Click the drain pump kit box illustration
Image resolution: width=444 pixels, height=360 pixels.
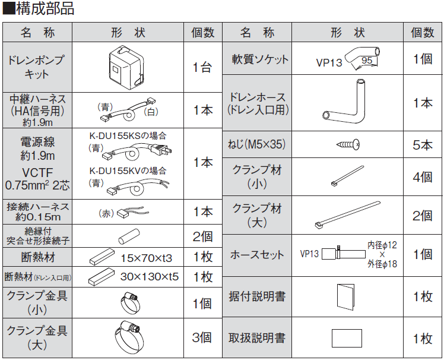click(126, 68)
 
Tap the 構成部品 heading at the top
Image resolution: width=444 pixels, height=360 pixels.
click(38, 8)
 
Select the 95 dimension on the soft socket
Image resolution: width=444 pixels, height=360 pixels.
click(367, 61)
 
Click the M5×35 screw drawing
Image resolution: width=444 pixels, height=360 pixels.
click(348, 144)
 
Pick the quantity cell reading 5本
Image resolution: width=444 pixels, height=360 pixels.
click(423, 145)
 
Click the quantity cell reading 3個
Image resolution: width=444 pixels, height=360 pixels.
click(202, 337)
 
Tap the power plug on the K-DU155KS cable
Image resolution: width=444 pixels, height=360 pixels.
click(162, 150)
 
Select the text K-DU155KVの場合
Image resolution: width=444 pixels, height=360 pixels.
click(128, 170)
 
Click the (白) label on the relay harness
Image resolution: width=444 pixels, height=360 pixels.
click(151, 112)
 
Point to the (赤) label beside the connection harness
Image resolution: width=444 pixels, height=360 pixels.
click(106, 213)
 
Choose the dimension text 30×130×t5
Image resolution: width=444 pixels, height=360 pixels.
click(149, 277)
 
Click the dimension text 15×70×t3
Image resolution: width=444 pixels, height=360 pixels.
click(147, 258)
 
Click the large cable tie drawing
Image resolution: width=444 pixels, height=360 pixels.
click(347, 215)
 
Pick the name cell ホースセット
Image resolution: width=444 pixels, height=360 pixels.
click(257, 254)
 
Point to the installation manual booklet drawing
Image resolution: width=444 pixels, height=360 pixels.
click(345, 296)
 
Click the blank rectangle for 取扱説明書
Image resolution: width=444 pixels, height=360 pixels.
click(347, 338)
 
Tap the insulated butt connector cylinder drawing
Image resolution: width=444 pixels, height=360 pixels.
click(129, 236)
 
